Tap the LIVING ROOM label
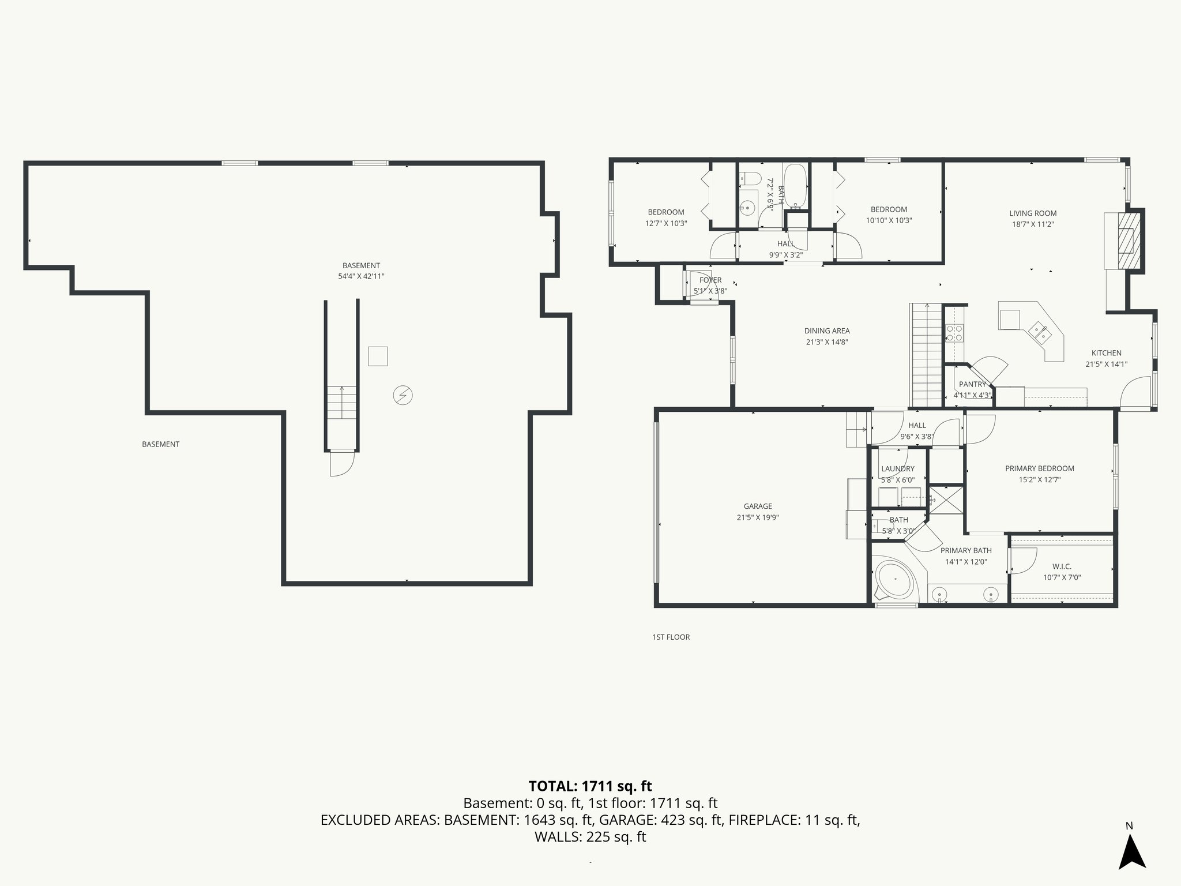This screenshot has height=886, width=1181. coord(1032,213)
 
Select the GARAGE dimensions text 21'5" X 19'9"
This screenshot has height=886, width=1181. coord(757,517)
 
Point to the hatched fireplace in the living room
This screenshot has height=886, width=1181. coord(1128,241)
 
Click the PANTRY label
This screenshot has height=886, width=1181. coord(972,384)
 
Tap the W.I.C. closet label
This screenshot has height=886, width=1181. coord(1061,566)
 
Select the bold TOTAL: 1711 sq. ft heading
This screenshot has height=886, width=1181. coord(590,786)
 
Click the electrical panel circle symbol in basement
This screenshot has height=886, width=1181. coord(403,396)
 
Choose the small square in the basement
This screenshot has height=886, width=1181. coord(378,356)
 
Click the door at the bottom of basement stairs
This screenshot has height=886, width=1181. coord(341,463)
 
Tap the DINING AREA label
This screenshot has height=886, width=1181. coord(827,331)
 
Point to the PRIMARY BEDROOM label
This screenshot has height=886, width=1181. coord(1039,468)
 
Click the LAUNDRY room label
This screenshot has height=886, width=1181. coord(897,469)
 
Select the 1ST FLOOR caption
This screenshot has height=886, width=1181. coord(671,637)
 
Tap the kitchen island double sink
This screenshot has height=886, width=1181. coord(1040,332)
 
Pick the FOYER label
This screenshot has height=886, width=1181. coord(710,280)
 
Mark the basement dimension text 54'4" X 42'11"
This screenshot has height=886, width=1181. coord(361,276)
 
